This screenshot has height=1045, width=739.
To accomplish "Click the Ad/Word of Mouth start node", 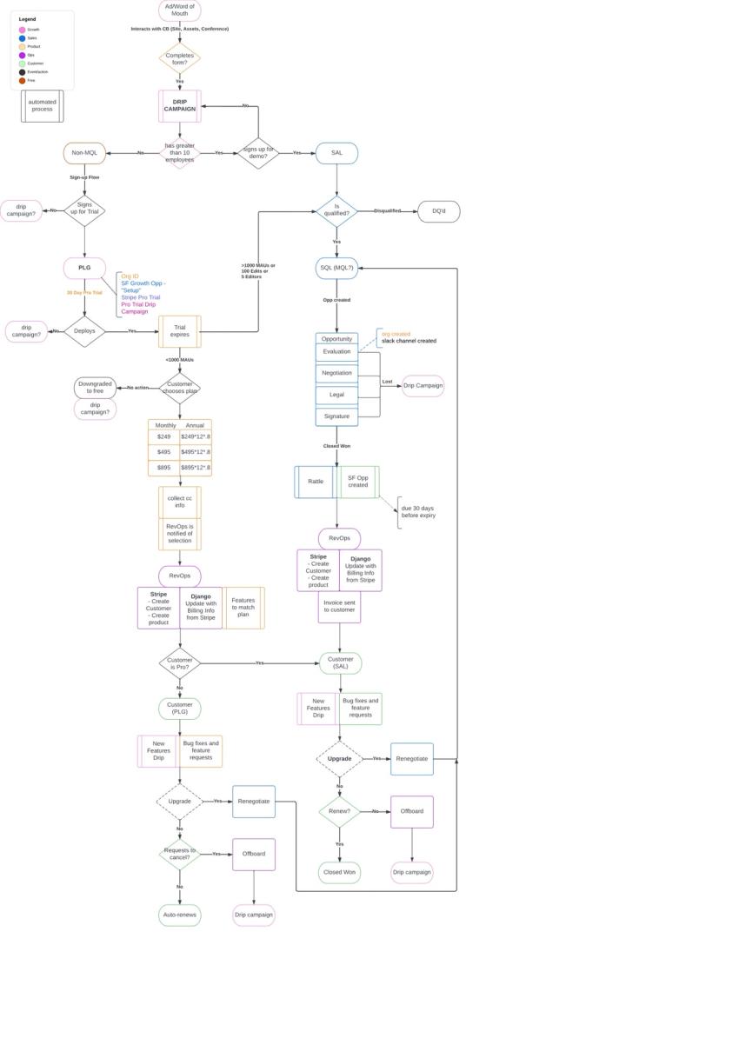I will [180, 10].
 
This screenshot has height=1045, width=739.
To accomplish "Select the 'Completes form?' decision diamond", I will [180, 59].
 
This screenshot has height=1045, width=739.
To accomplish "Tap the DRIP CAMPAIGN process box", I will [180, 106].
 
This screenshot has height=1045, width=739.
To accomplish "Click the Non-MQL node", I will [84, 153].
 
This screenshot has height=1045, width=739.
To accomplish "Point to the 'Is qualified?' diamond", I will [336, 211].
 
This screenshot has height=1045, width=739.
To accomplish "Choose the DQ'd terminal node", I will [439, 211].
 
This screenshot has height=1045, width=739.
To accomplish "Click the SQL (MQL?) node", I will [336, 268].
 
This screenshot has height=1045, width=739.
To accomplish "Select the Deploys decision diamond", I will [84, 331].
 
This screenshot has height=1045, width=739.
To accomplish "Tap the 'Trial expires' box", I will [180, 331].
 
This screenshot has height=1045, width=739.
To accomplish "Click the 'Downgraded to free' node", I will [95, 388].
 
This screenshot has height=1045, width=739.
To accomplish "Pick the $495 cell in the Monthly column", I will [164, 452].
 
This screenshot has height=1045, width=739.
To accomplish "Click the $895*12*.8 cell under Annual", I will [196, 468].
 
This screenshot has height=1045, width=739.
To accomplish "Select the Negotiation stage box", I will [336, 373].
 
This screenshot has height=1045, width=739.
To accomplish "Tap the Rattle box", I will [316, 482].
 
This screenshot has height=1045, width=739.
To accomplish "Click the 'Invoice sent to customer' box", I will [339, 606].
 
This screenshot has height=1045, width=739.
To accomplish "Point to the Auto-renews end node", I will [180, 915].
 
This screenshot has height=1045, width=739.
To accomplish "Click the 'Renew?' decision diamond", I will [339, 812].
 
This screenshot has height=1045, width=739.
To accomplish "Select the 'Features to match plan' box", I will [243, 608].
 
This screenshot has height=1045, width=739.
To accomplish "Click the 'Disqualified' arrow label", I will [388, 211].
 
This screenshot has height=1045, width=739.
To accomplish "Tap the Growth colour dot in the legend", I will [23, 30].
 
